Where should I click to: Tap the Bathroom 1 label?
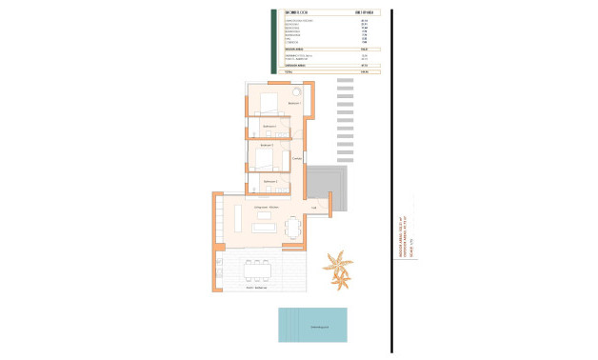pos(269,126)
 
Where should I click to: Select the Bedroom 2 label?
pos(267,145)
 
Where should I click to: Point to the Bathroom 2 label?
pos(270,180)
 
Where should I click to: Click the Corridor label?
pos(297,158)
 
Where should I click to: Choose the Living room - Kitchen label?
pos(266,207)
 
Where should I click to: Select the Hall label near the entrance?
pos(313,207)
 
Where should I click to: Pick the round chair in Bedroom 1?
pos(296,89)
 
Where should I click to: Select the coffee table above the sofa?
pos(265,215)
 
